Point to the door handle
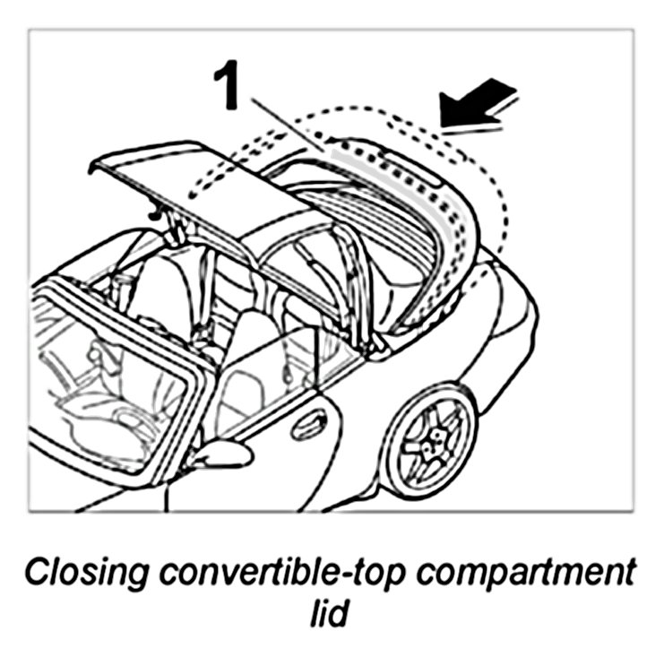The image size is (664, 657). tap(309, 422)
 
